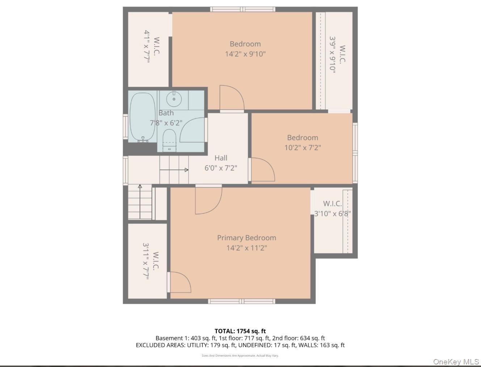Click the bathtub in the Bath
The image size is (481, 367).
click(x=143, y=117)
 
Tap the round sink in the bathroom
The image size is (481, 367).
click(x=174, y=99)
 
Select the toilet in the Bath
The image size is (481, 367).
click(x=170, y=140)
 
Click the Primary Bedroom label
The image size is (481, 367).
click(x=246, y=238)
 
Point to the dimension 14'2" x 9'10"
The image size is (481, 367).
click(x=245, y=54)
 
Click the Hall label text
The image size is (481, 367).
click(x=221, y=158)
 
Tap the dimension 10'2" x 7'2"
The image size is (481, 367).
click(x=303, y=148)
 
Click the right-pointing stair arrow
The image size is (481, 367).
click(x=174, y=170)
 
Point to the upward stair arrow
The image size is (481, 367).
click(x=140, y=202)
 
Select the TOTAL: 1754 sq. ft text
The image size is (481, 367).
click(x=240, y=331)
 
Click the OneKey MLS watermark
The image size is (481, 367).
click(x=456, y=361)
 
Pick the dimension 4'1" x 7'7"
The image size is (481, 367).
click(x=147, y=47)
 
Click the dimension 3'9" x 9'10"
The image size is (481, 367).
click(x=332, y=55)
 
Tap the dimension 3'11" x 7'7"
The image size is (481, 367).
click(x=146, y=261)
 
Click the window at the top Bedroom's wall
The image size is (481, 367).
click(x=243, y=9)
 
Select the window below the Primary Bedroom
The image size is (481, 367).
click(x=241, y=301)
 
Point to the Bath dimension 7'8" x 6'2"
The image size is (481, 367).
click(x=166, y=123)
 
